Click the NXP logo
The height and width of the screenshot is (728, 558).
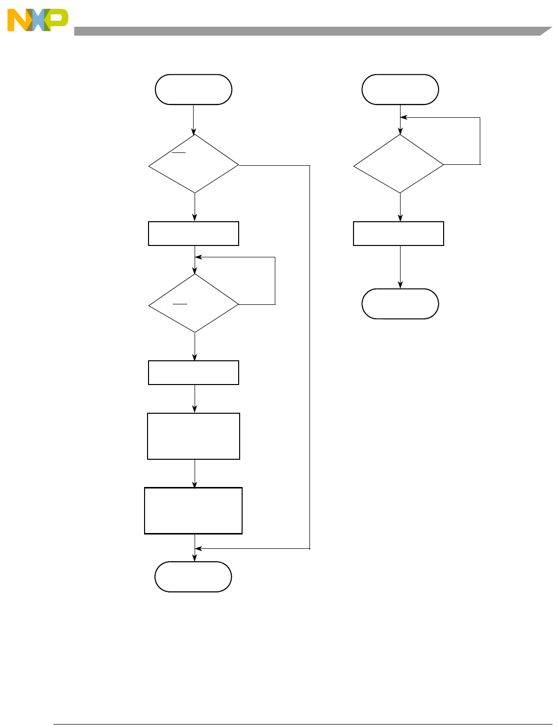pyautogui.click(x=37, y=20)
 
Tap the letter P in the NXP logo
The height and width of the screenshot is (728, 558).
pyautogui.click(x=58, y=20)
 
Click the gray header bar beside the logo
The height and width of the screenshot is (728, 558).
pyautogui.click(x=307, y=31)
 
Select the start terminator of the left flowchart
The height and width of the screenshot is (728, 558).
pyautogui.click(x=194, y=90)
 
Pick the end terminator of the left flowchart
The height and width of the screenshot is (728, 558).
pyautogui.click(x=193, y=577)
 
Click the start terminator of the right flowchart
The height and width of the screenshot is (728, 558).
pyautogui.click(x=400, y=90)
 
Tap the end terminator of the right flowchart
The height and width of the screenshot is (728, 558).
pyautogui.click(x=400, y=304)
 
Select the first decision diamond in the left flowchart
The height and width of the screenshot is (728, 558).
pyautogui.click(x=194, y=164)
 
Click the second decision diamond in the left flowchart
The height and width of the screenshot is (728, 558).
pyautogui.click(x=194, y=303)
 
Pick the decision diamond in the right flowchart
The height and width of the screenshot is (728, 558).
pyautogui.click(x=399, y=164)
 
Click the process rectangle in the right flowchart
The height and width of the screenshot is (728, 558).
pyautogui.click(x=399, y=234)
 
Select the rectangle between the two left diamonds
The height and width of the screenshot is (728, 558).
pyautogui.click(x=194, y=234)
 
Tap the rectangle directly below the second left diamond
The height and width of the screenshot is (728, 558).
pyautogui.click(x=194, y=373)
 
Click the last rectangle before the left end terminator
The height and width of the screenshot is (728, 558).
pyautogui.click(x=193, y=511)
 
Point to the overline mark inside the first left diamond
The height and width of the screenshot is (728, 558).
pyautogui.click(x=179, y=152)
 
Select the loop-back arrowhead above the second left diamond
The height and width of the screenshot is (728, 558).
pyautogui.click(x=198, y=257)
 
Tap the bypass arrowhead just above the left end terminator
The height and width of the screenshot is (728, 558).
pyautogui.click(x=198, y=548)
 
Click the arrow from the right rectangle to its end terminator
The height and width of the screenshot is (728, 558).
pyautogui.click(x=400, y=267)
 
